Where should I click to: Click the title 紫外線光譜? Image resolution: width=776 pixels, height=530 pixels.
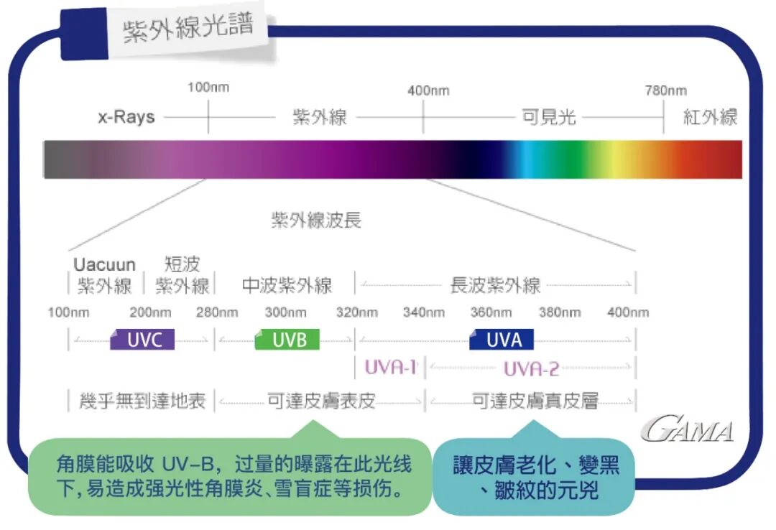coord(188,30)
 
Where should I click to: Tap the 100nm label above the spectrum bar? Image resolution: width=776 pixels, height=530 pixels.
coord(208,87)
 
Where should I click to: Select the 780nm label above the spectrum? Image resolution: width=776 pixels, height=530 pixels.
coord(665,90)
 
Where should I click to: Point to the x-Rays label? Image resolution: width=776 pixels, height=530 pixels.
coord(126,116)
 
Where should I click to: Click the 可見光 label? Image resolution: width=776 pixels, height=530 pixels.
coord(549,117)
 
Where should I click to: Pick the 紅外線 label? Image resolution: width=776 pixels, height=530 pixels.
coord(710,117)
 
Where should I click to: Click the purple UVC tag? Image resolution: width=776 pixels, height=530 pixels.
coord(143,340)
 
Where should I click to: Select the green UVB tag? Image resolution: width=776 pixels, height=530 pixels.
coord(287,340)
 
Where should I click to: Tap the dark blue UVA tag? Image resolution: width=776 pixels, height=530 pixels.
coord(502,339)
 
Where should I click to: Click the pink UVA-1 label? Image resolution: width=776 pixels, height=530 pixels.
coord(391,367)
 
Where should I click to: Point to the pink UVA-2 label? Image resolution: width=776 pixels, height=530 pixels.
coord(531,368)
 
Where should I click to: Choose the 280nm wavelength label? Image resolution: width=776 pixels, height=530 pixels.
coord(217,312)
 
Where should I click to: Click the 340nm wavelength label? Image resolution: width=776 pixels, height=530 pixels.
coord(423,312)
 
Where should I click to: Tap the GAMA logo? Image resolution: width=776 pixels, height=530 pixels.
coord(688,429)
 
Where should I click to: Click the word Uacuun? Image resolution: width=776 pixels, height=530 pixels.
coord(104,265)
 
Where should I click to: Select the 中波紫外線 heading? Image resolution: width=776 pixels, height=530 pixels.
coord(287,285)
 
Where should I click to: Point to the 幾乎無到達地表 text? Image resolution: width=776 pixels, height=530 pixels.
coord(142,401)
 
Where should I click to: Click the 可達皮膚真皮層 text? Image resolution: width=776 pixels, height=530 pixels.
coord(535,401)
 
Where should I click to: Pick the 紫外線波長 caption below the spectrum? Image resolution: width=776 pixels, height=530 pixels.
coord(316,220)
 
